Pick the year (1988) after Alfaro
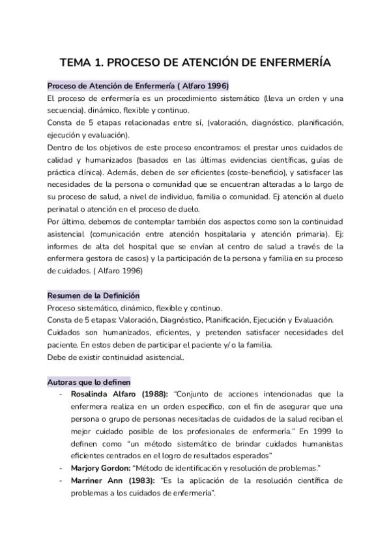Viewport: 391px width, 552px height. [151, 394]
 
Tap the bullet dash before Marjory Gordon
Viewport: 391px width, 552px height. [61, 469]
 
